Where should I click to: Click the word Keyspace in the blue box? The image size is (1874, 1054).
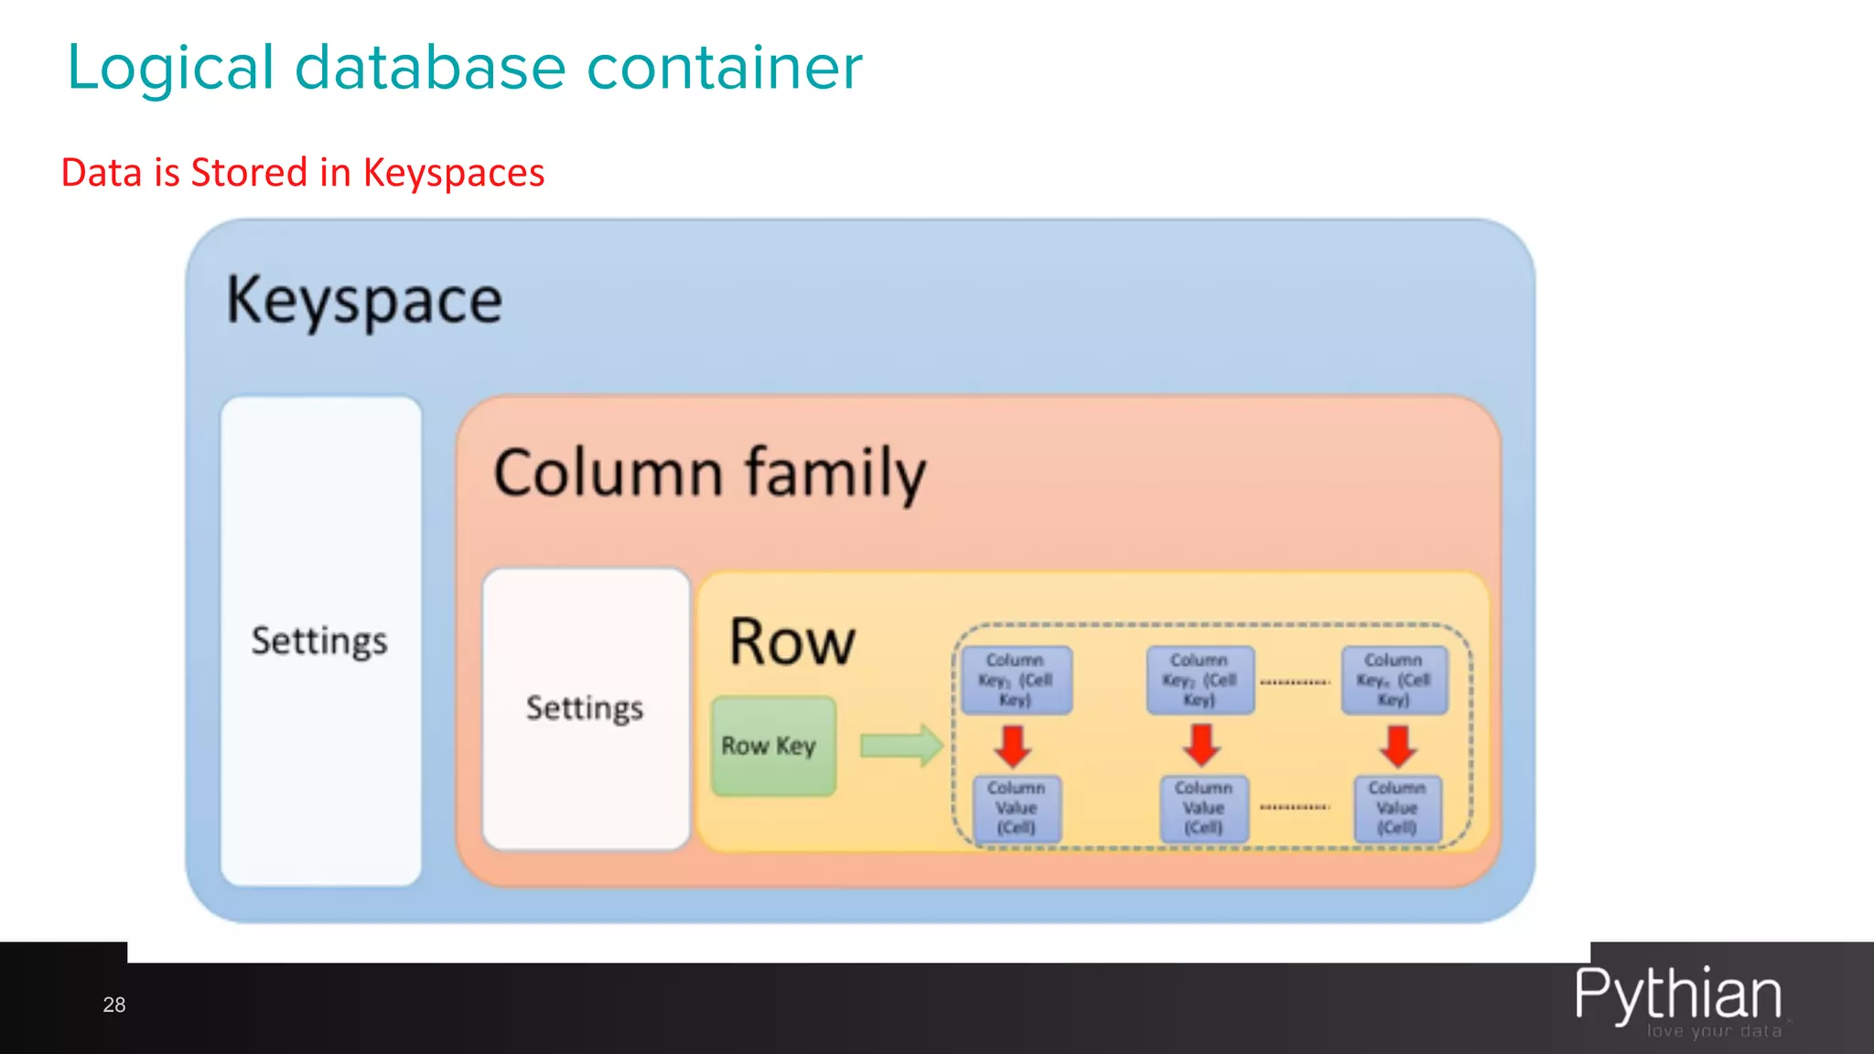tap(364, 300)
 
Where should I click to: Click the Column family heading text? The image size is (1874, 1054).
tap(710, 473)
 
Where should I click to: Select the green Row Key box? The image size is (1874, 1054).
tap(773, 746)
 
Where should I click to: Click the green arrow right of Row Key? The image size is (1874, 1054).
tap(900, 745)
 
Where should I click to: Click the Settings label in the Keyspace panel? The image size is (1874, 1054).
tap(319, 640)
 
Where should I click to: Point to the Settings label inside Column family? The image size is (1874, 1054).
tap(585, 708)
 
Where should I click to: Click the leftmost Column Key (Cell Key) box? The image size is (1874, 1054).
tap(1016, 680)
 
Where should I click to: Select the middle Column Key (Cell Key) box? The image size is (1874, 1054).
tap(1200, 680)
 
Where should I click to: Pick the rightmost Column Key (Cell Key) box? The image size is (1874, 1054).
tap(1394, 680)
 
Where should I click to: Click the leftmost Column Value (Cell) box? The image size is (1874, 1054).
tap(1017, 808)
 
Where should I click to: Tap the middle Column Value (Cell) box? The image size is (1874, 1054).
tap(1203, 808)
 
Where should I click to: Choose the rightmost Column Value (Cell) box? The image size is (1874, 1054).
tap(1397, 808)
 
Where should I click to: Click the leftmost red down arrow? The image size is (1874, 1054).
tap(1014, 746)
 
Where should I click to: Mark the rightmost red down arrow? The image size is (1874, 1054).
tap(1398, 746)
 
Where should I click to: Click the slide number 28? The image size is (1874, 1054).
tap(114, 1005)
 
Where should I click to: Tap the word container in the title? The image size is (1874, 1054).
tap(724, 68)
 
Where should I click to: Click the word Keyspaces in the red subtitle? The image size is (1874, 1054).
tap(453, 173)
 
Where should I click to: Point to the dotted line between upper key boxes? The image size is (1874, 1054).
tap(1295, 682)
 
